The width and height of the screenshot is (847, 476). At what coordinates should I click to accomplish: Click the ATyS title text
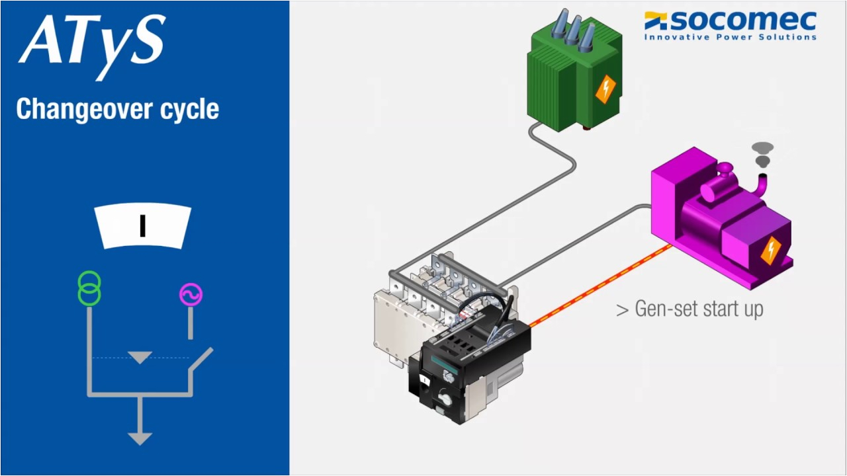91,41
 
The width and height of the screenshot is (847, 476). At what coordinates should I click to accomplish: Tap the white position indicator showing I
142,227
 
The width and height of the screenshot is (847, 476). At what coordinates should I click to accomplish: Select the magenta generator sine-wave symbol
191,294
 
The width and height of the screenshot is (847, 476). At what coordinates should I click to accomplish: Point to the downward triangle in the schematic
140,358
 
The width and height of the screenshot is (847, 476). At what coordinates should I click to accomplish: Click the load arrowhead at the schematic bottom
140,438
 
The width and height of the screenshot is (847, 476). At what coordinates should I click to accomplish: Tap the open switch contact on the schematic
201,360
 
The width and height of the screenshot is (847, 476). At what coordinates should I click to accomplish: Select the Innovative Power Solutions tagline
731,37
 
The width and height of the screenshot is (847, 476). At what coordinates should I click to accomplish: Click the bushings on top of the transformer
570,30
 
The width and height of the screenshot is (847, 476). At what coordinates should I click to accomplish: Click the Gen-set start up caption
690,309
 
